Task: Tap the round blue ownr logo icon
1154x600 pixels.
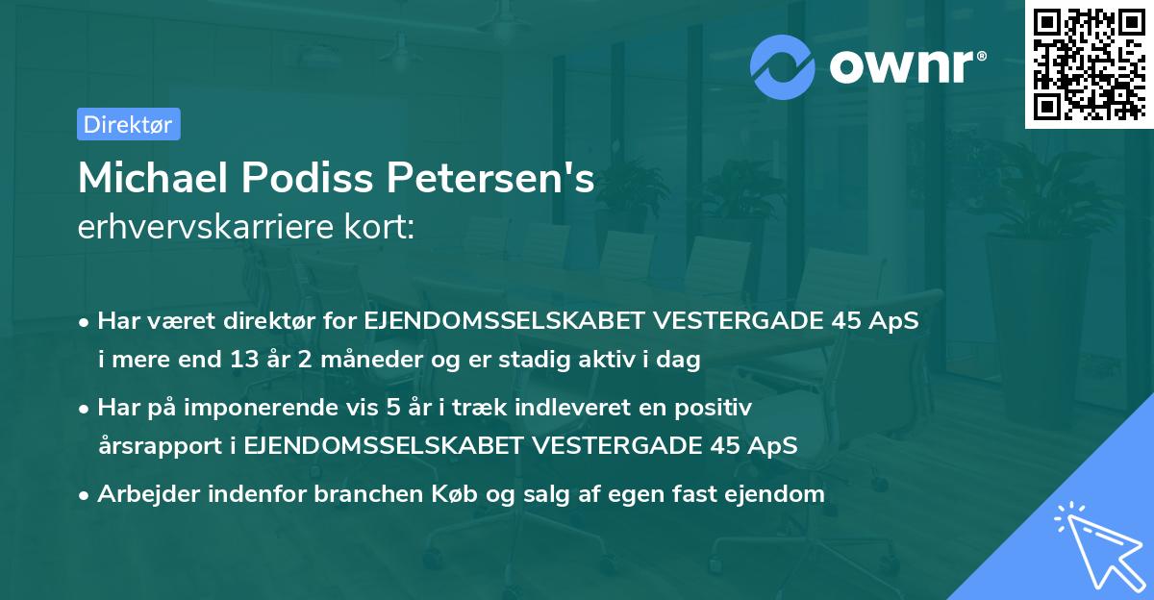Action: (783, 66)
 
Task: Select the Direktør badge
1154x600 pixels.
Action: (128, 124)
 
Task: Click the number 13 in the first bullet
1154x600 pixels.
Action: (268, 361)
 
